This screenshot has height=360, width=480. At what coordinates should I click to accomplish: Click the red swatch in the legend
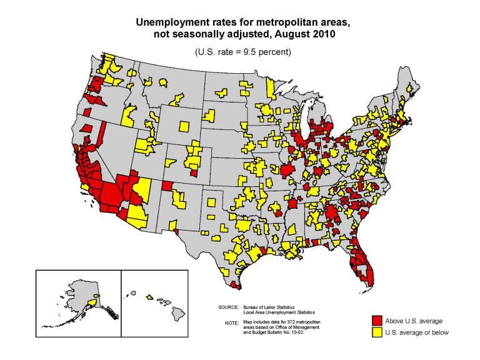point(377,321)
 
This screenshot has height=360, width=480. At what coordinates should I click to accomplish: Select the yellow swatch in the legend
point(377,332)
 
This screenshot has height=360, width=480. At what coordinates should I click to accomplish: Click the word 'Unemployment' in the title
point(174,22)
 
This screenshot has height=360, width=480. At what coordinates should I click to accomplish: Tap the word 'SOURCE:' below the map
point(229,307)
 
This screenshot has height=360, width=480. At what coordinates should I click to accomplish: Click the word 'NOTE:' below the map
point(231,322)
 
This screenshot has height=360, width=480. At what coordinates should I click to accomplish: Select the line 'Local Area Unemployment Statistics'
point(279,312)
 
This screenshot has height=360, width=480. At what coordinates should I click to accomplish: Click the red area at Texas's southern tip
point(235,285)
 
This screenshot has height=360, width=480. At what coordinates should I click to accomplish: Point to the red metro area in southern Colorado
point(194,172)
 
